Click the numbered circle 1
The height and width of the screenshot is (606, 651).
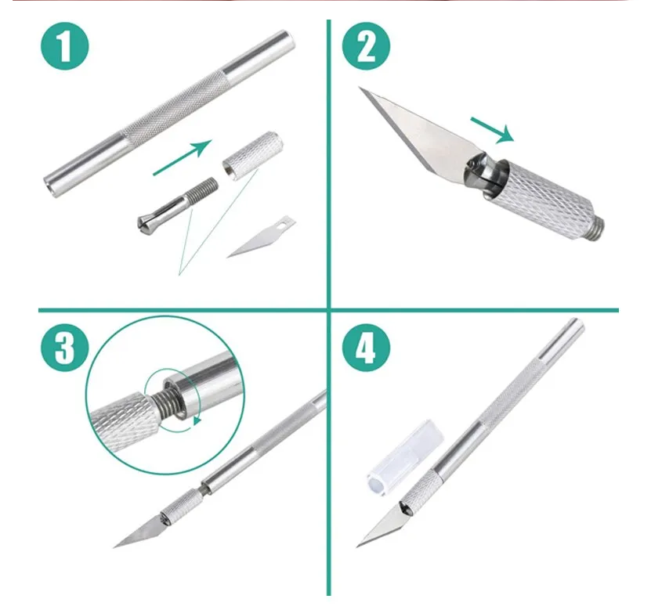[65, 45]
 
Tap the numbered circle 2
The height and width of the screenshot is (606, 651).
[366, 45]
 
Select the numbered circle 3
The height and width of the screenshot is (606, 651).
[65, 348]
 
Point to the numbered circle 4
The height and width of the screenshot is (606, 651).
[366, 348]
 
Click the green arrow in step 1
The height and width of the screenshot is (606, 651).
[183, 157]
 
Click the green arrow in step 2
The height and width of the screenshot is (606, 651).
[493, 130]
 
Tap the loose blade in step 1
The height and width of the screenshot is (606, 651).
[261, 236]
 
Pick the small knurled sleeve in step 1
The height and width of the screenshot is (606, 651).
[253, 155]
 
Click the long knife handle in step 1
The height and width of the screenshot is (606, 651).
[169, 114]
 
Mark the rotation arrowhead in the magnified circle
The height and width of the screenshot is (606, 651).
[197, 421]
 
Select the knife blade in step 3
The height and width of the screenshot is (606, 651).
[139, 532]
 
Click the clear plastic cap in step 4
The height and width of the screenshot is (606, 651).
[405, 457]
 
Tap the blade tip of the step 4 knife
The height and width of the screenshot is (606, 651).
[357, 546]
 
